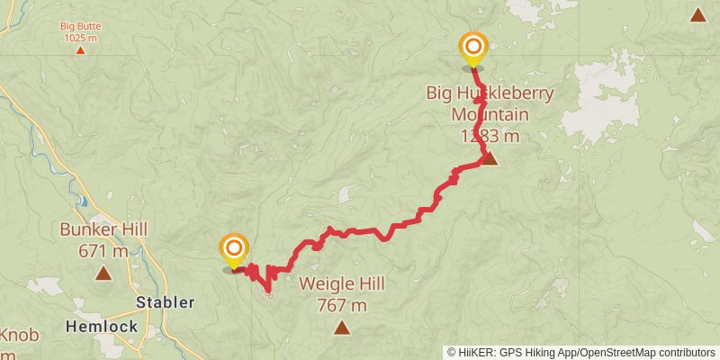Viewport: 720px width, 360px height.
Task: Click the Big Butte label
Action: point(80,26)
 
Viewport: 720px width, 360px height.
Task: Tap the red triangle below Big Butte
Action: point(80,49)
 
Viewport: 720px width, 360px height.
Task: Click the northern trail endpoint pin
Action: point(472,48)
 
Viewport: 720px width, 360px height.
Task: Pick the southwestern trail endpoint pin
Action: point(234,249)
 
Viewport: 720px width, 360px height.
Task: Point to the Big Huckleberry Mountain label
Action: point(490,103)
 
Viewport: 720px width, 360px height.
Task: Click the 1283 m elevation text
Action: point(490,136)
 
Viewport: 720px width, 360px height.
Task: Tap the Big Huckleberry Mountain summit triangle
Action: point(490,158)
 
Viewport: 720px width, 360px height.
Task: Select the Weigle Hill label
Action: point(341,284)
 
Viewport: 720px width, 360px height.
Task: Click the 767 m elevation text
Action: point(341,305)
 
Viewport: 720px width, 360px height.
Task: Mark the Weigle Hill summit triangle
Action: point(341,328)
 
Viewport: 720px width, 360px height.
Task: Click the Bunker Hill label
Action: point(103,229)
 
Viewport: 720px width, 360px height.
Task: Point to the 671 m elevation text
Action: point(103,250)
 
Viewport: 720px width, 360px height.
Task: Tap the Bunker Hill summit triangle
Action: point(103,272)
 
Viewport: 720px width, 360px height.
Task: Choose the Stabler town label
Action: point(165,302)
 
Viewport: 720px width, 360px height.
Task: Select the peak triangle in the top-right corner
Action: point(697,14)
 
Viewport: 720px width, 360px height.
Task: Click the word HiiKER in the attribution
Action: point(474,352)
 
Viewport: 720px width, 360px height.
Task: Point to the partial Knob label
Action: point(18,336)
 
